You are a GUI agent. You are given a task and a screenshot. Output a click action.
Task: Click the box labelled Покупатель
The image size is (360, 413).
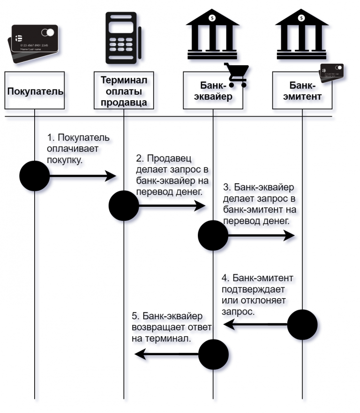[x=35, y=90]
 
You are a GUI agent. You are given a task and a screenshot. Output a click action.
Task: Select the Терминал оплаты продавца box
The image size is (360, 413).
[x=124, y=90]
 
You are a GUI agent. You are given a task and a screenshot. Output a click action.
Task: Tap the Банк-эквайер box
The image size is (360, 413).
[x=213, y=90]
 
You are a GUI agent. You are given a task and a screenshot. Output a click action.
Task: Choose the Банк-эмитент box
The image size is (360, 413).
[x=302, y=90]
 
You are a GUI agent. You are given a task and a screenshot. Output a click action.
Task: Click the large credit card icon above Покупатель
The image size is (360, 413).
[x=33, y=44]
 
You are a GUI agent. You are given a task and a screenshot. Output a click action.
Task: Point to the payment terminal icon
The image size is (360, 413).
[x=123, y=38]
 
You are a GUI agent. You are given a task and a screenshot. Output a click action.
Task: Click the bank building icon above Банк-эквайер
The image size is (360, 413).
[x=212, y=34]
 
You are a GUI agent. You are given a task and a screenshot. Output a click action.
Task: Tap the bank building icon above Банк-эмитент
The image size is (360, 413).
[x=302, y=34]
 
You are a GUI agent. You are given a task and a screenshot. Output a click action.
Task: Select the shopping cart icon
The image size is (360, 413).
[x=237, y=75]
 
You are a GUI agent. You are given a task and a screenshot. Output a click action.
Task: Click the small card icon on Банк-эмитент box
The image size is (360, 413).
[x=331, y=73]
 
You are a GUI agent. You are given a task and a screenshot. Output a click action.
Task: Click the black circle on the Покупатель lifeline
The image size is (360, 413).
[x=35, y=176]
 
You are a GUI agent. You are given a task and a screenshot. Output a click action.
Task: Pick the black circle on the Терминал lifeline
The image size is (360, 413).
[x=124, y=206]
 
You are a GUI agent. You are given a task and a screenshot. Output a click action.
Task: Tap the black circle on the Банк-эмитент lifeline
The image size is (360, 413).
[x=302, y=324]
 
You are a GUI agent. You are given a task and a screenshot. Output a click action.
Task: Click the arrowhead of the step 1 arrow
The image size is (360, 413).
[x=111, y=176]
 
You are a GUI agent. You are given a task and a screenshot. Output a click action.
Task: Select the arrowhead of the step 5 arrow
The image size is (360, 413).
[x=140, y=354]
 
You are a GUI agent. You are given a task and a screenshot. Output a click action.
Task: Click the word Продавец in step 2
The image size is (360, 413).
[x=169, y=158]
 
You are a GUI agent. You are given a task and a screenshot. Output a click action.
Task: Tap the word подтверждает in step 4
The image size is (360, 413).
[x=253, y=289]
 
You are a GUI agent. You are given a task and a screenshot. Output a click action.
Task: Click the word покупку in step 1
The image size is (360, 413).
[x=65, y=160]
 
